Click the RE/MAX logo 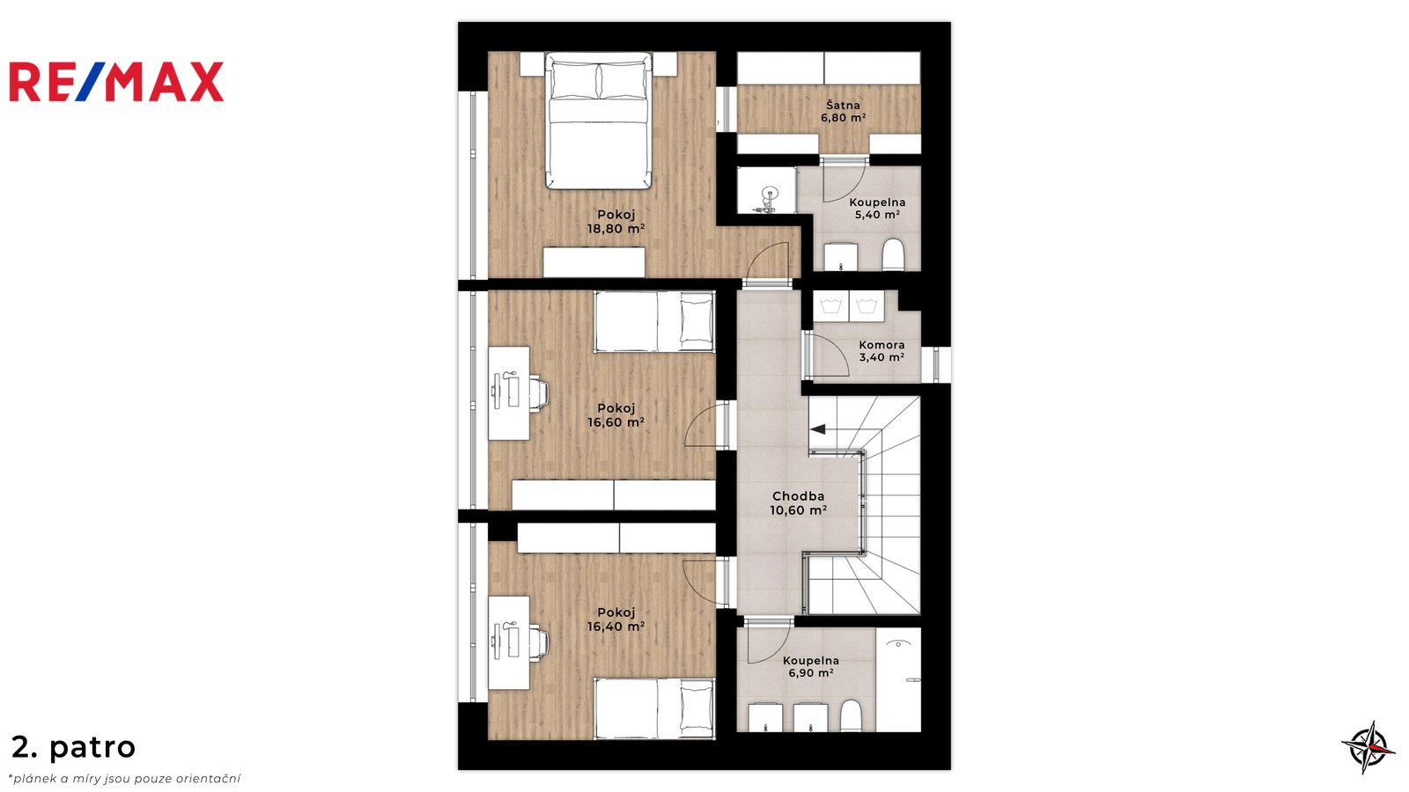pyautogui.click(x=116, y=82)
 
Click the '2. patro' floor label pyautogui.click(x=74, y=747)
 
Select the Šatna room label pyautogui.click(x=843, y=105)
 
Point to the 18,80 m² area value pyautogui.click(x=616, y=229)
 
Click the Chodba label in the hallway pyautogui.click(x=798, y=496)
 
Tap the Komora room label pyautogui.click(x=882, y=345)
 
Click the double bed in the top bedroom pyautogui.click(x=598, y=121)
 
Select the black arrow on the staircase pyautogui.click(x=818, y=429)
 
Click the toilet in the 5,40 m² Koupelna pyautogui.click(x=893, y=255)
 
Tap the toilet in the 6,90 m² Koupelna pyautogui.click(x=851, y=716)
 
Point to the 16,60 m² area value pyautogui.click(x=616, y=422)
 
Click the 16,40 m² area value pyautogui.click(x=616, y=627)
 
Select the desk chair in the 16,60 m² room pyautogui.click(x=538, y=392)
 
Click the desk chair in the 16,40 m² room pyautogui.click(x=538, y=642)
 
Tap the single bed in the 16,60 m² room pyautogui.click(x=654, y=321)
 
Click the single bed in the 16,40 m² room pyautogui.click(x=654, y=708)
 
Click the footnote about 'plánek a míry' pyautogui.click(x=124, y=780)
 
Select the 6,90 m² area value pyautogui.click(x=811, y=673)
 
